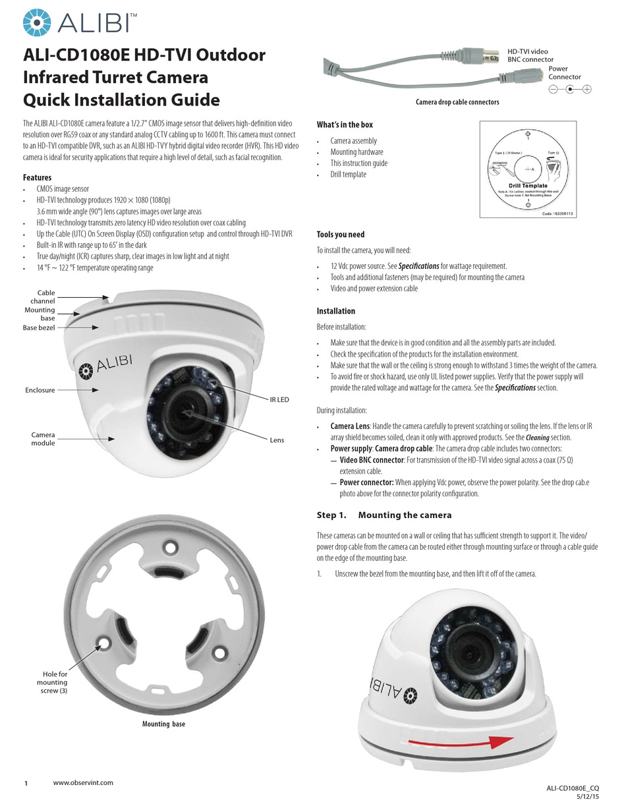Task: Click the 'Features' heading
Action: click(x=37, y=177)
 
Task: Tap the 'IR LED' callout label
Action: click(x=279, y=399)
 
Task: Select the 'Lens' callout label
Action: click(x=277, y=440)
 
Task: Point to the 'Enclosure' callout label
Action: click(x=40, y=390)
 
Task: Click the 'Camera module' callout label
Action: click(x=43, y=439)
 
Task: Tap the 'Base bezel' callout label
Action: click(x=39, y=327)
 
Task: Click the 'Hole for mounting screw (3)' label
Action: click(x=52, y=682)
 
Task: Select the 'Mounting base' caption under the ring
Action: click(x=163, y=724)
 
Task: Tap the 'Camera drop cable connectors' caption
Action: click(x=457, y=102)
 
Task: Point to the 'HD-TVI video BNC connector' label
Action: click(x=530, y=55)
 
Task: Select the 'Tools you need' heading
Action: click(x=340, y=235)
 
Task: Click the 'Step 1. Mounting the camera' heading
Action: click(x=384, y=515)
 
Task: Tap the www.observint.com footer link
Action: click(x=83, y=782)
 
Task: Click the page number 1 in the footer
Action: click(x=26, y=784)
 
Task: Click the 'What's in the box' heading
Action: click(x=345, y=125)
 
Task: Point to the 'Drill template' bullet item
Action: click(x=348, y=175)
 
